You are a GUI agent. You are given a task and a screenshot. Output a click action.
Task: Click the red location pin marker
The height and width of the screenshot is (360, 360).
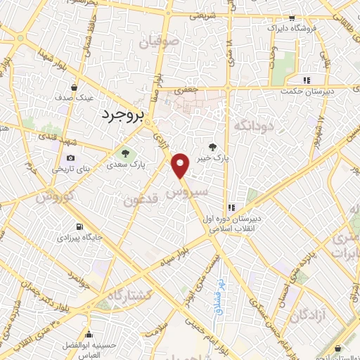click(x=181, y=166)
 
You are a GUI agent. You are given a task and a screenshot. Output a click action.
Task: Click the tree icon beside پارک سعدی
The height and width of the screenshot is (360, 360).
click(x=125, y=153)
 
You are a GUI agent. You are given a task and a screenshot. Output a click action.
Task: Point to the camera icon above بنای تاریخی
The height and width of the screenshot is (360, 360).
click(x=70, y=159)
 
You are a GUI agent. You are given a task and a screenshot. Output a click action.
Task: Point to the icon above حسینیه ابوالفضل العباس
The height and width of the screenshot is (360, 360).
click(x=89, y=333)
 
